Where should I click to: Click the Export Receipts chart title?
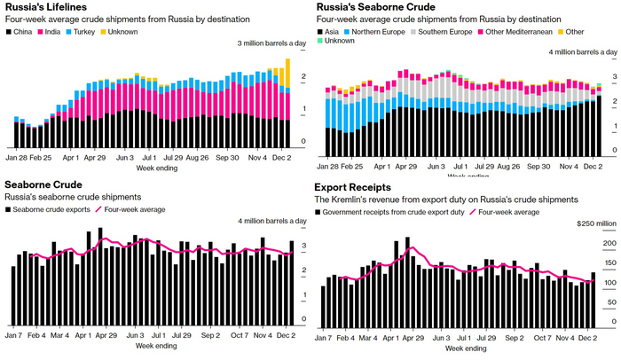coord(353,186)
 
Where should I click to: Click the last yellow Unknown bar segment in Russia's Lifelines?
coord(287,74)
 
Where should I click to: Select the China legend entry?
coord(22,31)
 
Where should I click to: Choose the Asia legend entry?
coord(333,31)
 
